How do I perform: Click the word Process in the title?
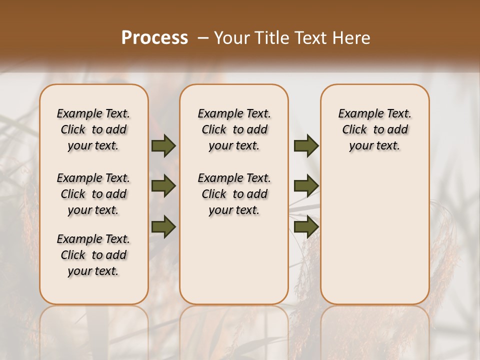coord(155,38)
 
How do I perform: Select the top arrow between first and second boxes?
coord(163,145)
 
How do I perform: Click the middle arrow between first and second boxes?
coord(163,186)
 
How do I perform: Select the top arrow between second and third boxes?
coord(306,145)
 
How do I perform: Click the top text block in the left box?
coord(93,129)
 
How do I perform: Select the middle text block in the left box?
coord(93,194)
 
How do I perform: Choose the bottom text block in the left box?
coord(93,255)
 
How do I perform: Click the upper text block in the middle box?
coord(234,129)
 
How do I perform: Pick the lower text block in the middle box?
coord(234,194)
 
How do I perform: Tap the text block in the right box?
coord(374,129)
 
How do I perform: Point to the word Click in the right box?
coord(354,130)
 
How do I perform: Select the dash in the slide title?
coord(203,38)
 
